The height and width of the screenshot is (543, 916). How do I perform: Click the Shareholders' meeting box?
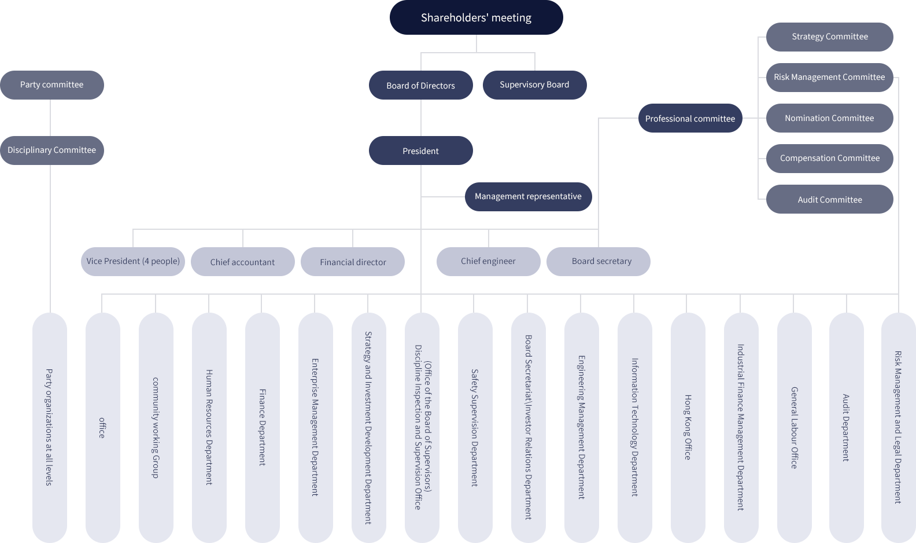tap(476, 18)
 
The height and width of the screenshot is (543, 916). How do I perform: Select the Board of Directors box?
tap(420, 85)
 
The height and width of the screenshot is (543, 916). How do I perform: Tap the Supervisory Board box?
tap(534, 85)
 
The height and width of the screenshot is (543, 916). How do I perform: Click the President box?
tap(420, 151)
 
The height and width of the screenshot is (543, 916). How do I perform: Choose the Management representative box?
tap(528, 197)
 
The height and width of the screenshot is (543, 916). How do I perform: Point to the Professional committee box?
tap(690, 118)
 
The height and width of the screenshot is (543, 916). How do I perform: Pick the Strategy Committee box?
tap(829, 37)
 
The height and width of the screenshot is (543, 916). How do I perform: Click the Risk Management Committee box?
tap(829, 78)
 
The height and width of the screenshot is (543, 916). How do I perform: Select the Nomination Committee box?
tap(829, 118)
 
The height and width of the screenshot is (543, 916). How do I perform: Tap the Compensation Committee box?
tap(829, 159)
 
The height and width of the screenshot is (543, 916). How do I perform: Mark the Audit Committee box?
tap(829, 199)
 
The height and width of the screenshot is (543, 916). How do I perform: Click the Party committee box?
tap(52, 85)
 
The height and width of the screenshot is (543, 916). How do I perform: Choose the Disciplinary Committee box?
tap(52, 151)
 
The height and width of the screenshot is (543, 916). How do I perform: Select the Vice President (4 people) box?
tap(133, 262)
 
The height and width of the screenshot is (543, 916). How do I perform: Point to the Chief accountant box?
tap(242, 262)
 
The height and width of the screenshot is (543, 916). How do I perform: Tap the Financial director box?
tap(353, 262)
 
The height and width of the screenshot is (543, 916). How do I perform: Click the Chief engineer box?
tap(488, 262)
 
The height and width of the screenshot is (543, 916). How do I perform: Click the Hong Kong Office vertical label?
tap(688, 427)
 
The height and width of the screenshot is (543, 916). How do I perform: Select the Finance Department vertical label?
tap(262, 427)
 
